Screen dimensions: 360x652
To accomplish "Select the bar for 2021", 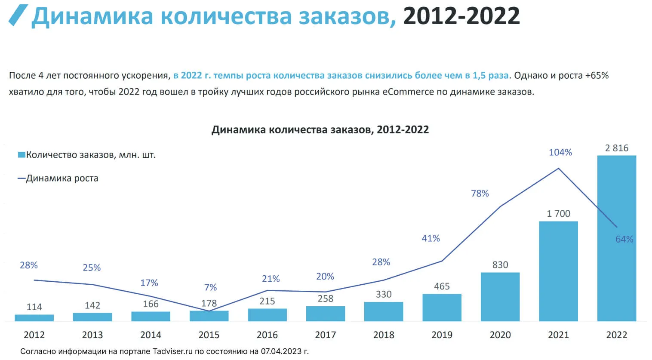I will pyautogui.click(x=558, y=271).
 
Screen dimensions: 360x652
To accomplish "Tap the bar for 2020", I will pyautogui.click(x=500, y=296).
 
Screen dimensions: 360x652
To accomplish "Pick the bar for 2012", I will pyautogui.click(x=34, y=318).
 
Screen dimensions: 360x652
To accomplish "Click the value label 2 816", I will pyautogui.click(x=616, y=148).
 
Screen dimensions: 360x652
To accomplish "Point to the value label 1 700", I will pyautogui.click(x=558, y=214).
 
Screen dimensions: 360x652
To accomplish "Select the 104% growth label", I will pyautogui.click(x=560, y=152).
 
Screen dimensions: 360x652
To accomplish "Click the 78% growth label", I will pyautogui.click(x=480, y=194).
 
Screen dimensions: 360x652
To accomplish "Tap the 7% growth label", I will pyautogui.click(x=210, y=287).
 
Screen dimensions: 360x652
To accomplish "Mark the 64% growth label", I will pyautogui.click(x=624, y=239).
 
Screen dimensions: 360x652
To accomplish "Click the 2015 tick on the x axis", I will pyautogui.click(x=209, y=335).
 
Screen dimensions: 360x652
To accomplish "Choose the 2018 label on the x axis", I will pyautogui.click(x=384, y=335).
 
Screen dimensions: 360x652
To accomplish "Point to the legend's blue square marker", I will pyautogui.click(x=21, y=155).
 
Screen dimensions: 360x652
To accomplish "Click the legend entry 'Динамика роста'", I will pyautogui.click(x=62, y=178).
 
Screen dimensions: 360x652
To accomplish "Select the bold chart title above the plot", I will pyautogui.click(x=320, y=129).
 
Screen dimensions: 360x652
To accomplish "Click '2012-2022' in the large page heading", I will pyautogui.click(x=461, y=16).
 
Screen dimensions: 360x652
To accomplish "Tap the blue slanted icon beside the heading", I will pyautogui.click(x=18, y=15).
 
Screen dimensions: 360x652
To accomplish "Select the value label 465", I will pyautogui.click(x=442, y=286).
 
